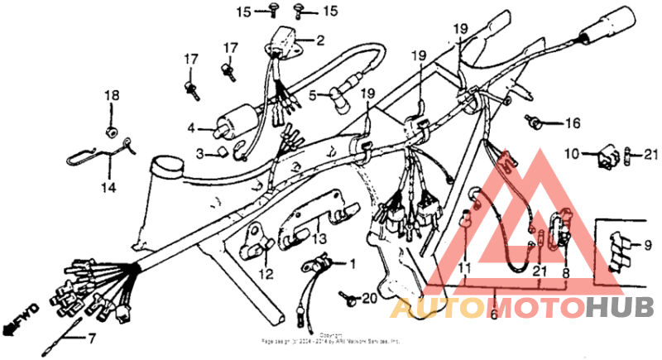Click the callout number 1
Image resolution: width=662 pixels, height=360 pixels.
click(x=352, y=265)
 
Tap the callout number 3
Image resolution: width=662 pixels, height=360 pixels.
click(x=199, y=154)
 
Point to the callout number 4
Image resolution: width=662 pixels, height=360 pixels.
click(x=190, y=128)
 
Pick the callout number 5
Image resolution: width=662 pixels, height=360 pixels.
click(x=314, y=96)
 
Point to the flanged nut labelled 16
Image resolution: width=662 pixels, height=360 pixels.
click(x=536, y=123)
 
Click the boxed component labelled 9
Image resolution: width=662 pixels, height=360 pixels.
click(x=618, y=248)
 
